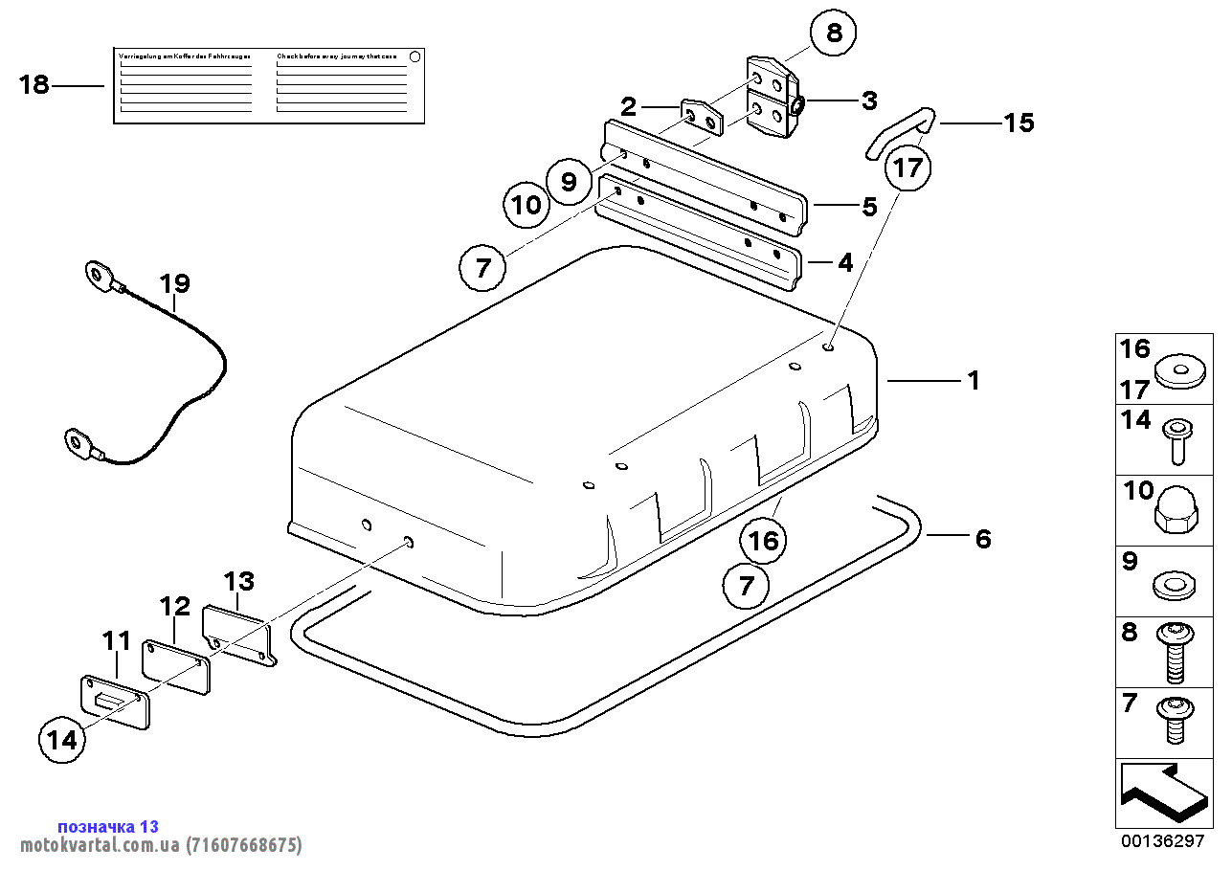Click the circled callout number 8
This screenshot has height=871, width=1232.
click(834, 33)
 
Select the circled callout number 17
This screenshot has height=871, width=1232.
click(907, 168)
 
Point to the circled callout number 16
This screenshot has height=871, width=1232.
click(764, 542)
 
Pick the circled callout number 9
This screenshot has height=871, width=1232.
click(569, 181)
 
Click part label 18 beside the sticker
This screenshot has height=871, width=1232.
click(34, 85)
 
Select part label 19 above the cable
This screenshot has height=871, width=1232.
click(175, 283)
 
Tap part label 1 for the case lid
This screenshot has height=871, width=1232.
click(974, 381)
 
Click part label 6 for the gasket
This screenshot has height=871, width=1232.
click(983, 539)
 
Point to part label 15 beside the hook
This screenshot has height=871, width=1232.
click(1019, 123)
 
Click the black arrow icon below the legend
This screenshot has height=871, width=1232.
click(1160, 793)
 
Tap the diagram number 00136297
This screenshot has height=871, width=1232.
click(1163, 841)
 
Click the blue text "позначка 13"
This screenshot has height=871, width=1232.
click(108, 826)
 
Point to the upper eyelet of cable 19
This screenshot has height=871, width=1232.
click(98, 277)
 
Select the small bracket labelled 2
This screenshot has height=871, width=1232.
click(702, 116)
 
